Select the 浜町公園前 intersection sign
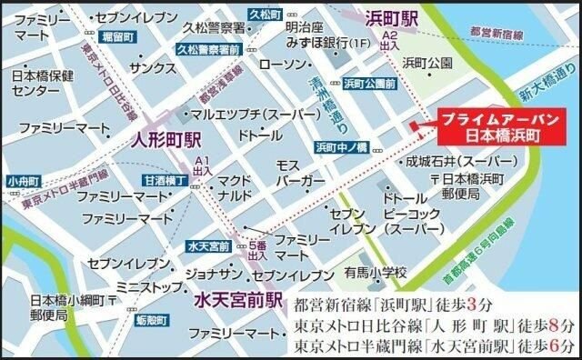[x=369, y=84]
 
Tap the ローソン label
[x=282, y=64]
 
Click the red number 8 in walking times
[x=547, y=324]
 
